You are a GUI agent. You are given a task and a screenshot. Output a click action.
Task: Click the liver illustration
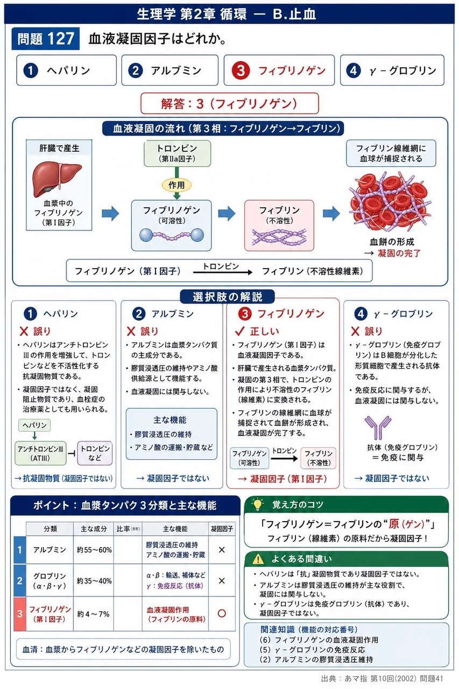click(57, 179)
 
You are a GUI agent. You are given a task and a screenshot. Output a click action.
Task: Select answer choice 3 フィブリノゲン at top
click(279, 71)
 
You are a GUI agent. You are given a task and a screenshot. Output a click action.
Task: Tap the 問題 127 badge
click(46, 39)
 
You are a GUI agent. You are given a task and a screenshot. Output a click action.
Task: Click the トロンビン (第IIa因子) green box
click(177, 153)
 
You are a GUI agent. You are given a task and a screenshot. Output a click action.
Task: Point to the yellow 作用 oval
click(177, 185)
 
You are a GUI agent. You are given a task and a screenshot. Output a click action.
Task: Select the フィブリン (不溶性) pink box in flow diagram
click(279, 226)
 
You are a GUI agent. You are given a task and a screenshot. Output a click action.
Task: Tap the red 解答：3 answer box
click(229, 104)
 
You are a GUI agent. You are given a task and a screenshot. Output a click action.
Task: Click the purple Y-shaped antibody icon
click(378, 427)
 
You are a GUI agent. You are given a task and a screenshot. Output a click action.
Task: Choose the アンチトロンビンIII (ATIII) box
click(40, 453)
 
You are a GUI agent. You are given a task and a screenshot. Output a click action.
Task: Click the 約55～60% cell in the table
click(94, 550)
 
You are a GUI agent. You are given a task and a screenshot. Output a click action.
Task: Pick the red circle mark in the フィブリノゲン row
click(222, 613)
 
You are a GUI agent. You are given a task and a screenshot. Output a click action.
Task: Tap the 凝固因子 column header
click(222, 529)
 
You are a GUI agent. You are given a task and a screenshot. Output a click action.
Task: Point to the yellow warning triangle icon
click(258, 559)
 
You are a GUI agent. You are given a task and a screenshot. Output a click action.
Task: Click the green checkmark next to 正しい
click(239, 331)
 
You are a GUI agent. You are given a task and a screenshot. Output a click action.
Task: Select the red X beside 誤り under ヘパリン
click(24, 331)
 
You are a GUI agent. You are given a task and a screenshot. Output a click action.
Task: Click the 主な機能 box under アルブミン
click(171, 434)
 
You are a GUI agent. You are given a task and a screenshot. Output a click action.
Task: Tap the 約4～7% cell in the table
click(94, 614)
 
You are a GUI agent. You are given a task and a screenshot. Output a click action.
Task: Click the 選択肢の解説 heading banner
click(227, 297)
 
